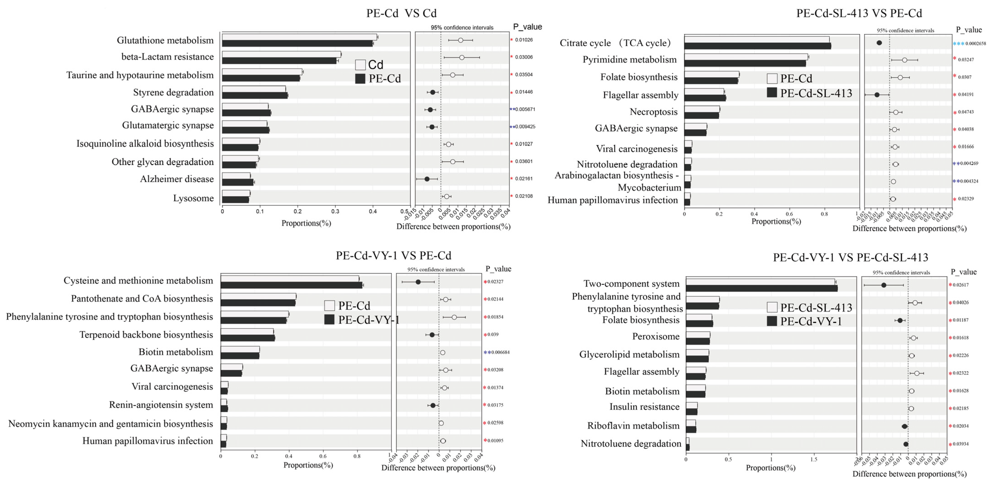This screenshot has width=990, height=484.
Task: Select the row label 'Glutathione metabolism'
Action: pyautogui.click(x=165, y=40)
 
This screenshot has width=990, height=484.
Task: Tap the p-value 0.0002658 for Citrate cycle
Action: pyautogui.click(x=975, y=43)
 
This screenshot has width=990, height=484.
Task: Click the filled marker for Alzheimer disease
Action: pyautogui.click(x=427, y=179)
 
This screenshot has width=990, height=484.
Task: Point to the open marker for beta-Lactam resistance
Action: pyautogui.click(x=461, y=57)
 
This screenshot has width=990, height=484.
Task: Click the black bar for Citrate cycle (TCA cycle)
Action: pyautogui.click(x=757, y=46)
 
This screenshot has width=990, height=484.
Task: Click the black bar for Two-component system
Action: pyautogui.click(x=761, y=288)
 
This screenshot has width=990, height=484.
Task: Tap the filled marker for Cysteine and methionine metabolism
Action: pyautogui.click(x=418, y=282)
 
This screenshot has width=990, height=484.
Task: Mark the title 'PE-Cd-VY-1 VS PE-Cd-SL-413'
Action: pyautogui.click(x=850, y=257)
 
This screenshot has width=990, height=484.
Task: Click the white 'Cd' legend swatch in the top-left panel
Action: pyautogui.click(x=360, y=65)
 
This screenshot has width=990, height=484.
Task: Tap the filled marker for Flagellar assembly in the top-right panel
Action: pyautogui.click(x=877, y=95)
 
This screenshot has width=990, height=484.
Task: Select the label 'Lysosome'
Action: pyautogui.click(x=193, y=198)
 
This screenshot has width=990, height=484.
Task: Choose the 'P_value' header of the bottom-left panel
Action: pyautogui.click(x=498, y=269)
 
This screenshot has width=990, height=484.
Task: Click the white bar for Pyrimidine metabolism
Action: pyautogui.click(x=746, y=57)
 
